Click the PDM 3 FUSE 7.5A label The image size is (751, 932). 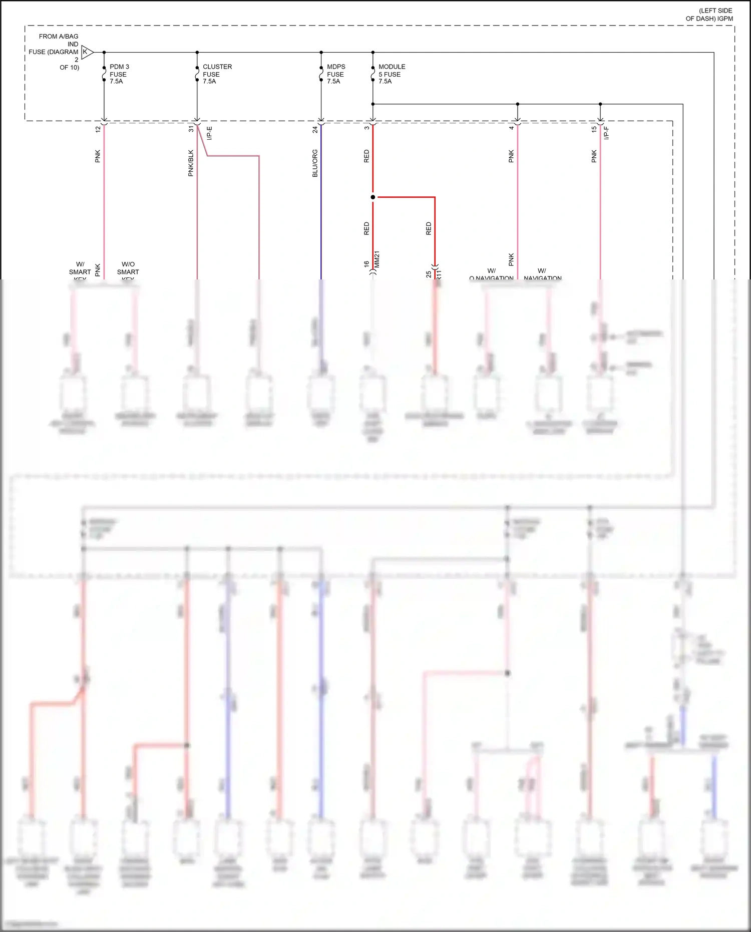coord(119,74)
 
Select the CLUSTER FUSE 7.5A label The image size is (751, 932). coord(217,74)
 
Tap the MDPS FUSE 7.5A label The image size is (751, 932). coord(336,74)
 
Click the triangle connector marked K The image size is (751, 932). coord(87,52)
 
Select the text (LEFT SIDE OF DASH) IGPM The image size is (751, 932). coord(709,15)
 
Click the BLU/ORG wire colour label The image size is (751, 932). coord(315,163)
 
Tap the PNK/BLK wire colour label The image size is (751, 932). coord(191,163)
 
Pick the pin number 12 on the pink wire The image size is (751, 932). coord(98,129)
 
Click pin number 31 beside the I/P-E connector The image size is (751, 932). coord(191,129)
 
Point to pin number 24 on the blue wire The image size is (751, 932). coord(315,130)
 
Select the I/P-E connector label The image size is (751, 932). coord(210,133)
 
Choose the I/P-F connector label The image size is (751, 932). coord(606,133)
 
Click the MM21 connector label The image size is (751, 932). coord(377,259)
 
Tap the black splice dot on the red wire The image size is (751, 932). coord(373,197)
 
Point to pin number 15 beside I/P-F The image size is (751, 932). coord(594,129)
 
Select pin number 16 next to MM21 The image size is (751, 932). coord(367,263)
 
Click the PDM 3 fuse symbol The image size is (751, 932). coord(104,74)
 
